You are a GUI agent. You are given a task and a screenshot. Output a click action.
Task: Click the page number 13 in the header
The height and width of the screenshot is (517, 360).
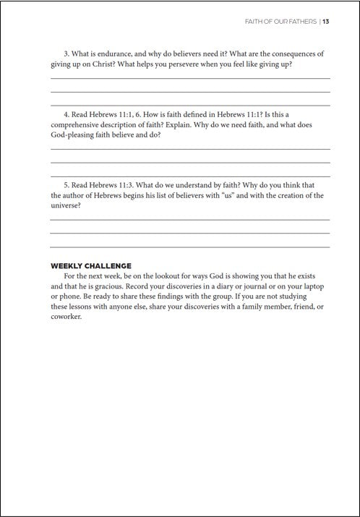coord(327,21)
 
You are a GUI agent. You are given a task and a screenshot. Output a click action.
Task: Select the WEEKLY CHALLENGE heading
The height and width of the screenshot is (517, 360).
coord(90,265)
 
